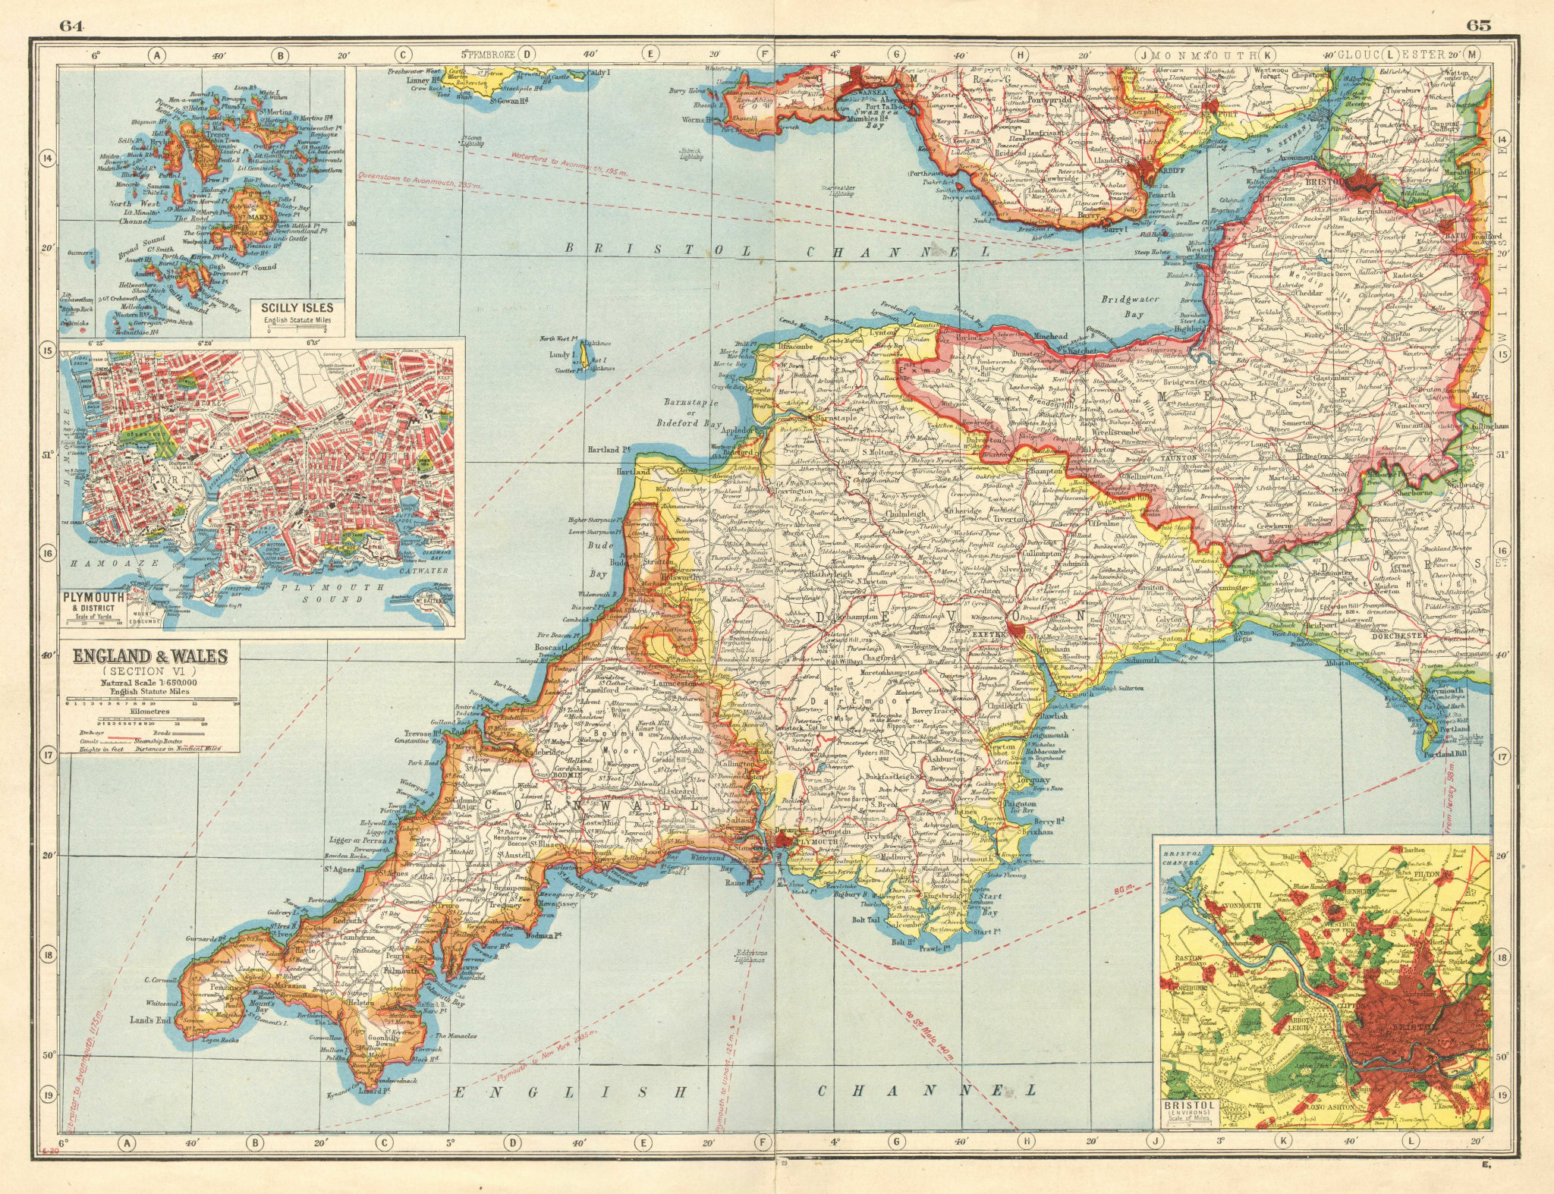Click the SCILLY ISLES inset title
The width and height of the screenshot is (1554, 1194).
click(296, 309)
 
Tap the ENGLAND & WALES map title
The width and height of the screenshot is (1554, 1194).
click(149, 655)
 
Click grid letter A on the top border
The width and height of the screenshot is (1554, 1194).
click(156, 55)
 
